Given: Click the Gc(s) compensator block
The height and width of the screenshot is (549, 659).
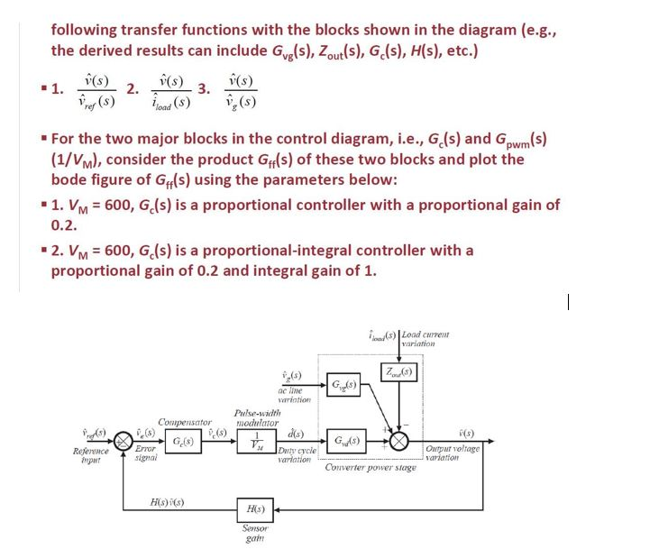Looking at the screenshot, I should (x=180, y=443).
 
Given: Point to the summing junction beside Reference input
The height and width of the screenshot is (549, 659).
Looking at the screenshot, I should (x=121, y=444).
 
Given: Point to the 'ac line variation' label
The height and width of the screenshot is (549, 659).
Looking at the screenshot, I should (x=297, y=393).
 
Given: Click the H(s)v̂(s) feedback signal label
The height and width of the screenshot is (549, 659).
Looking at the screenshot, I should (x=169, y=501).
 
